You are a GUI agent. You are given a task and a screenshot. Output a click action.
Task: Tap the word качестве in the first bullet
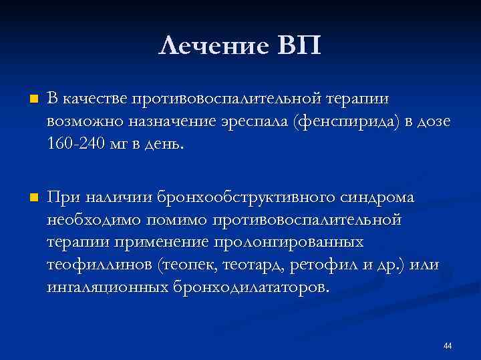click(x=94, y=100)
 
